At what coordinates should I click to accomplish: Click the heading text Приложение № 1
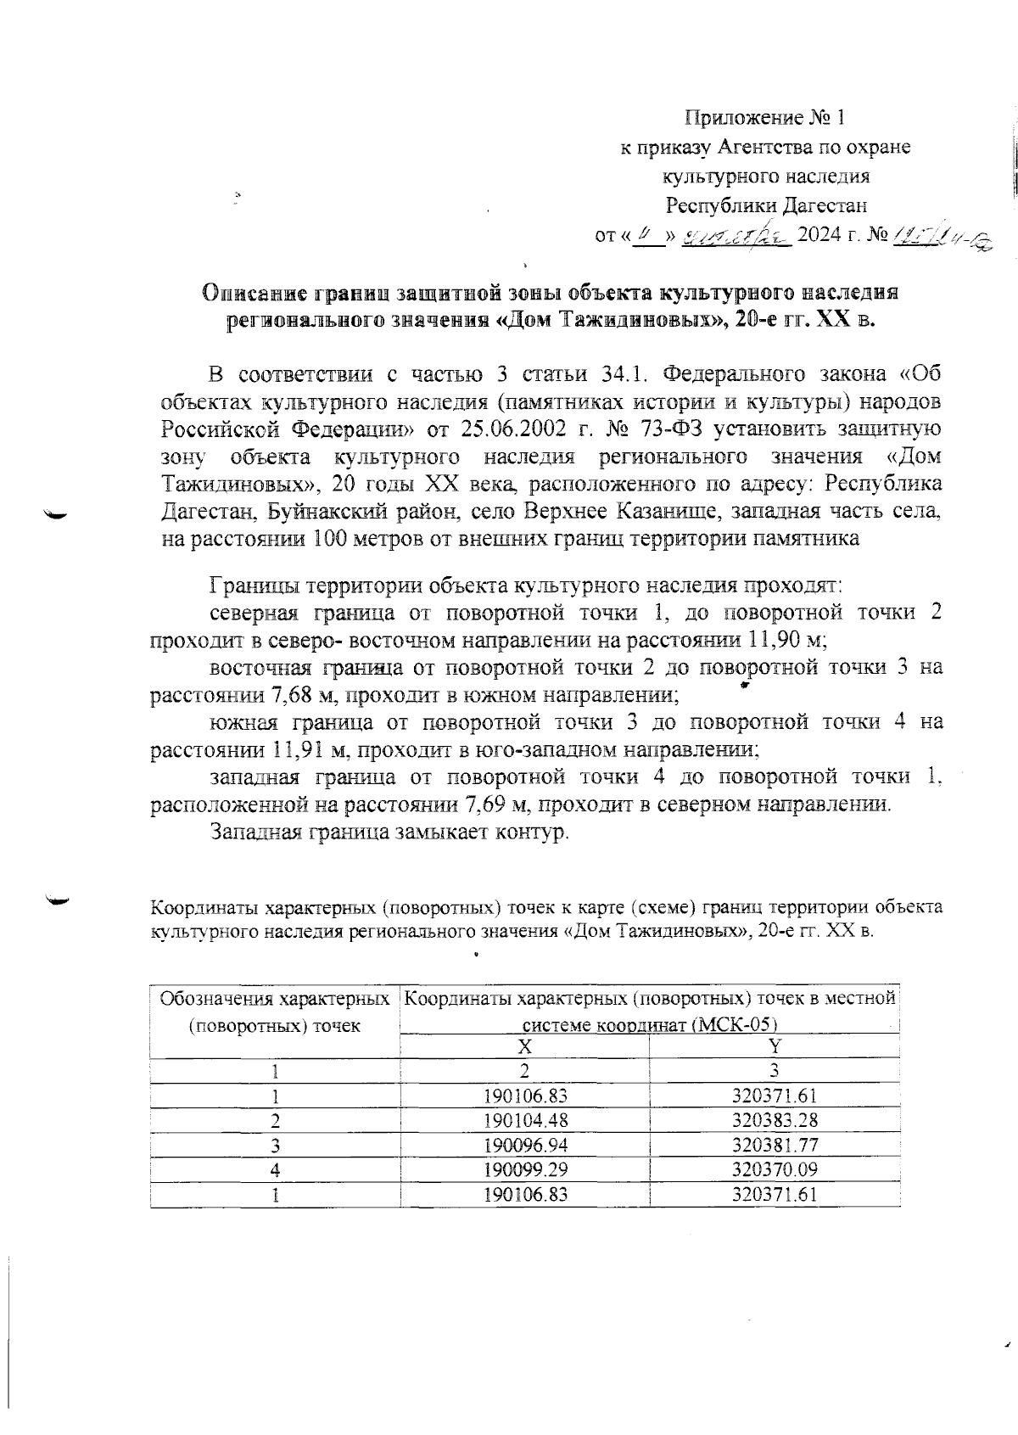click(x=764, y=117)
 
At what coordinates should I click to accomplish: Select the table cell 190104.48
click(x=524, y=1120)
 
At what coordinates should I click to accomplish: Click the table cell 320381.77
click(x=775, y=1145)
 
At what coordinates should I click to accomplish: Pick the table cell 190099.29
click(x=524, y=1169)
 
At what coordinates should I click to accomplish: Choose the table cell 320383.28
click(x=775, y=1120)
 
